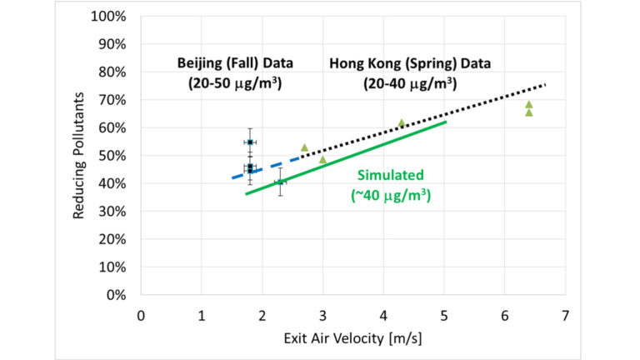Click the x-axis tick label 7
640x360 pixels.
click(566, 317)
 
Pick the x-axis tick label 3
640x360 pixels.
click(322, 317)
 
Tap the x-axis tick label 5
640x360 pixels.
click(444, 317)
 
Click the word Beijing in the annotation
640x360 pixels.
click(199, 63)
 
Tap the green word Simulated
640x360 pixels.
click(391, 175)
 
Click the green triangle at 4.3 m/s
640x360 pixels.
click(402, 123)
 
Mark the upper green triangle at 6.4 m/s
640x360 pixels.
click(528, 105)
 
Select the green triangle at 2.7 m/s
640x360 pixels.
click(304, 147)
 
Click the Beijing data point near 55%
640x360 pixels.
click(249, 142)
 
